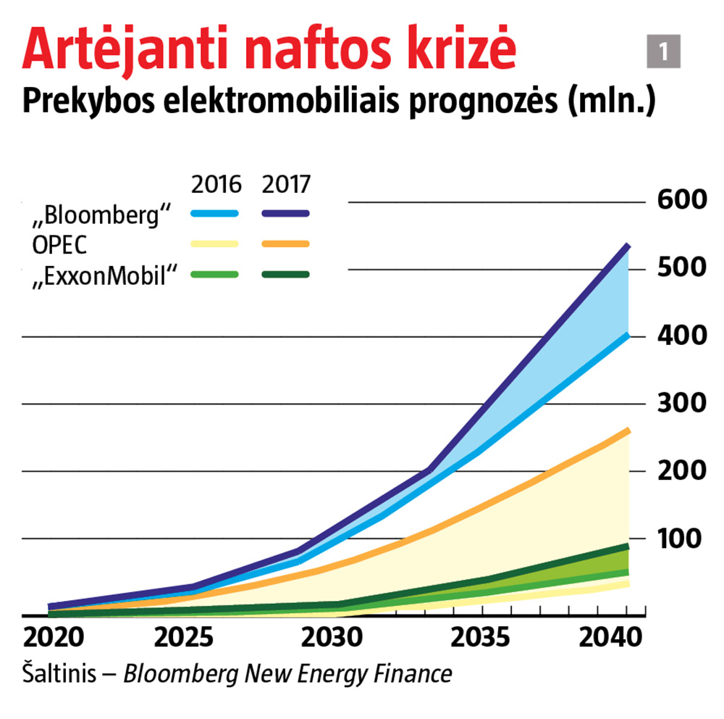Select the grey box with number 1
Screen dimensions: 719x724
tap(663, 51)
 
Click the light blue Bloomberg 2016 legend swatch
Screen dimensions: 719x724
tap(214, 214)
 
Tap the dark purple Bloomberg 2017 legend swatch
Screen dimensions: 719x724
tap(285, 214)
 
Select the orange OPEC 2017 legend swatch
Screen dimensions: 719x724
tap(285, 244)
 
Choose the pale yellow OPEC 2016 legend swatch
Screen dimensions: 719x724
tap(214, 244)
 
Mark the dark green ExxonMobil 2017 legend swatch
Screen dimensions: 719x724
tap(285, 274)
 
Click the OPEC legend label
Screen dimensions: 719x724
tap(59, 244)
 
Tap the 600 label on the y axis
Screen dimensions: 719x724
tap(681, 200)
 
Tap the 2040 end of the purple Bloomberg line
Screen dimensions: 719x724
tap(627, 247)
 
